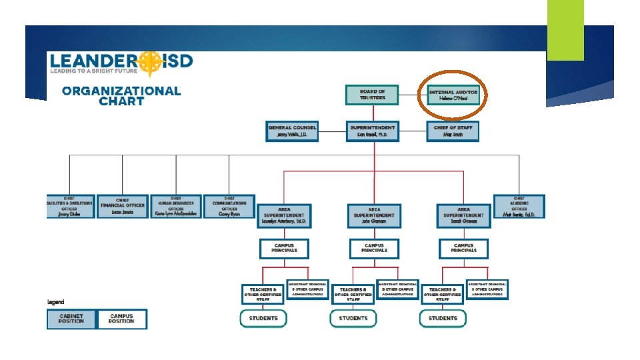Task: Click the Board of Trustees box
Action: click(372, 95)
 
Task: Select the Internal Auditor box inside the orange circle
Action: click(453, 95)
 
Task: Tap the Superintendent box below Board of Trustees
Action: click(372, 131)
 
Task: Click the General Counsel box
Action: click(292, 131)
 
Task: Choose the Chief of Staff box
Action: click(453, 131)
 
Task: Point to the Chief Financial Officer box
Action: click(122, 207)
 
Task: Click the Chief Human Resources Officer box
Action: click(175, 207)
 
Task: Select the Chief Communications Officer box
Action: click(229, 207)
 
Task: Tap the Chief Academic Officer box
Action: click(519, 207)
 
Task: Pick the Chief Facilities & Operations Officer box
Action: click(69, 207)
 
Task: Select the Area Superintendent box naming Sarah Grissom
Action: click(463, 216)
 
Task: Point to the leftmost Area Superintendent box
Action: click(284, 216)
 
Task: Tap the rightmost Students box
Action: click(443, 319)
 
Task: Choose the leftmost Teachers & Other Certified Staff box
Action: click(263, 294)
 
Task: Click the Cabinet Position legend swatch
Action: click(71, 319)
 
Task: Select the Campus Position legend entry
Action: click(121, 319)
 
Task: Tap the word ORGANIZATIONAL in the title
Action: click(121, 91)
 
